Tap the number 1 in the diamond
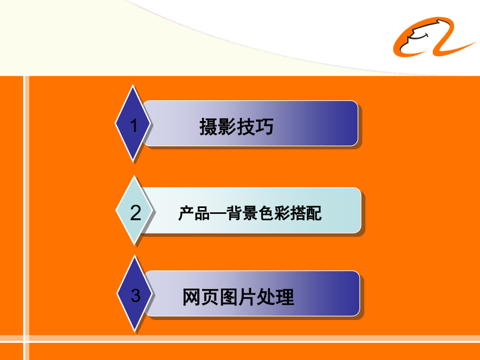[x=134, y=125]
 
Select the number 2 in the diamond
[x=135, y=212]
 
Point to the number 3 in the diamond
[x=135, y=295]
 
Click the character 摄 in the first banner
[x=209, y=126]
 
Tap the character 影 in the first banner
[x=227, y=126]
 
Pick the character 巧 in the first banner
[x=265, y=126]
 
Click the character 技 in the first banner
[x=246, y=126]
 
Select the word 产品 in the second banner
[x=194, y=213]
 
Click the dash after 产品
[x=218, y=213]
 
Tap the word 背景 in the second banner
[x=242, y=213]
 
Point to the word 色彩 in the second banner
[x=274, y=213]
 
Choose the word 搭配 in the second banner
[x=306, y=213]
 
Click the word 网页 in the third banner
[x=201, y=297]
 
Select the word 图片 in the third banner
[x=238, y=297]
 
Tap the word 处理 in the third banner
[x=275, y=297]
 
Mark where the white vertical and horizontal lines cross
[x=26, y=339]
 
